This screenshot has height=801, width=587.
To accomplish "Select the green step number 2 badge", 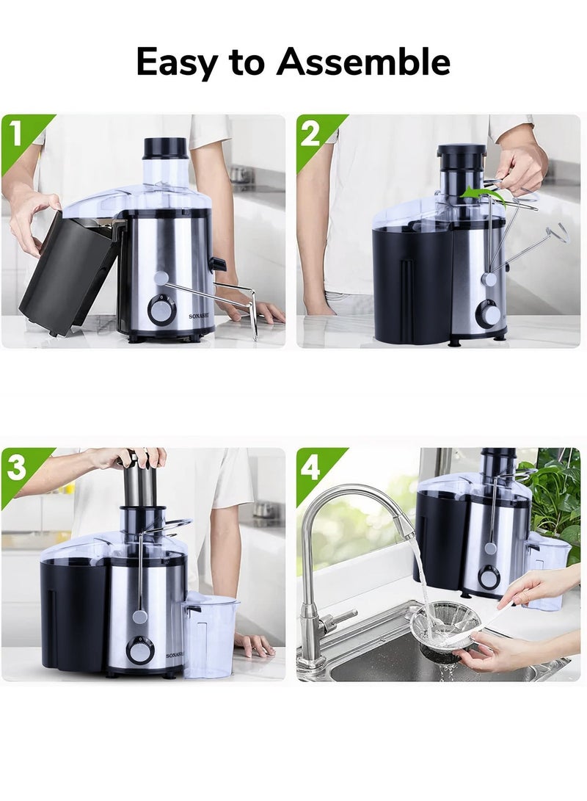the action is click(x=316, y=135).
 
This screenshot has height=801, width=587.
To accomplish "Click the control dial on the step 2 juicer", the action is click(x=487, y=313).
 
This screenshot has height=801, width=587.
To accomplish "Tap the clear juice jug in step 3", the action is click(x=209, y=636).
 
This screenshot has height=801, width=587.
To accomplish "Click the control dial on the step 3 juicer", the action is click(x=139, y=651).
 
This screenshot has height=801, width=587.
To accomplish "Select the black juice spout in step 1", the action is click(x=217, y=264).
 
